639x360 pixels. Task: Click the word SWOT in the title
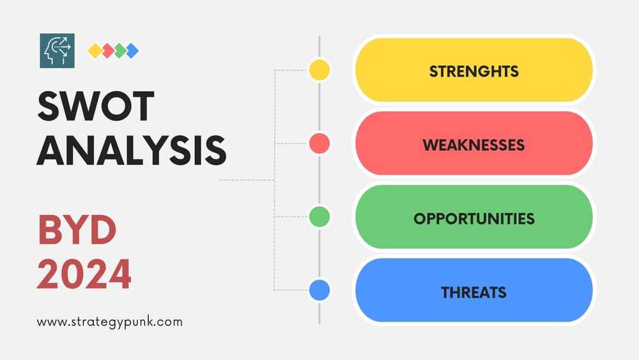click(96, 106)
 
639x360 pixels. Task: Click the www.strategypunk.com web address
click(109, 322)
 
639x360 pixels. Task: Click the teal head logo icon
click(57, 51)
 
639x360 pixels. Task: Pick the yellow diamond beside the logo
click(95, 51)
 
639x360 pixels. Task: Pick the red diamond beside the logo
click(107, 51)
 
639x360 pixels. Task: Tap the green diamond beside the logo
click(119, 51)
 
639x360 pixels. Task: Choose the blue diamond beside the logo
click(132, 51)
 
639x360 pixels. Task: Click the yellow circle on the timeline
click(319, 70)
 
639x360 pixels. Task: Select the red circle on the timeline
click(319, 143)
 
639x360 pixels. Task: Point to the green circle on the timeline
click(319, 217)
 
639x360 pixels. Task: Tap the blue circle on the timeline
click(319, 290)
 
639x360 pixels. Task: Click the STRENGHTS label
click(473, 70)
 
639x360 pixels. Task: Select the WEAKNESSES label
click(473, 145)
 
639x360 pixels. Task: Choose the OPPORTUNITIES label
click(473, 218)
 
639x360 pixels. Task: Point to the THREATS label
click(473, 292)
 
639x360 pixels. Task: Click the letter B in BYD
click(52, 230)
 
